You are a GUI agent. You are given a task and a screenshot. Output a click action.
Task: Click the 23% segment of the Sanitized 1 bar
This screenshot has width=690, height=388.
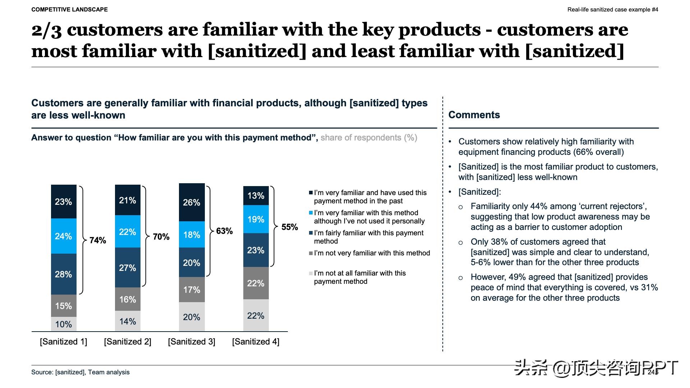64,202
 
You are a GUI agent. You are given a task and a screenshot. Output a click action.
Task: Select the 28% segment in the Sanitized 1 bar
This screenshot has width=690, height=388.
64,274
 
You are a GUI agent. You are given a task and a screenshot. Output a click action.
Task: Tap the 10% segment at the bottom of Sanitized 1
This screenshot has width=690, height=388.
64,324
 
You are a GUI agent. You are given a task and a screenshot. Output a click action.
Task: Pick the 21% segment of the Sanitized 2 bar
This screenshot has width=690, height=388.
128,200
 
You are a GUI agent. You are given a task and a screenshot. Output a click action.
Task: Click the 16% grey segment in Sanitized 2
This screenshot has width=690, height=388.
128,299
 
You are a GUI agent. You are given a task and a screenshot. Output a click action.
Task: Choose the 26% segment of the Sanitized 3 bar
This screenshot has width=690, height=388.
192,202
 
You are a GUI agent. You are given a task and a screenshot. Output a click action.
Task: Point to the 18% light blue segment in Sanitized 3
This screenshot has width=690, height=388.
192,235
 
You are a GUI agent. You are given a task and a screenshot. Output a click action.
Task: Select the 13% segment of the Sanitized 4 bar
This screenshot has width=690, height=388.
256,196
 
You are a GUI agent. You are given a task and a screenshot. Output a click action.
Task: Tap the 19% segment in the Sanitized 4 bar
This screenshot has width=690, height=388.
256,219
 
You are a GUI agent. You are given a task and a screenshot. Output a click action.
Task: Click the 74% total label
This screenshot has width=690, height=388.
98,240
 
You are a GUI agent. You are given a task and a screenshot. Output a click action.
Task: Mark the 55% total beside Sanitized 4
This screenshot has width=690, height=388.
290,227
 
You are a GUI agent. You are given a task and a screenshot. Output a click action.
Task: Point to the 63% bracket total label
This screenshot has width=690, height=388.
225,231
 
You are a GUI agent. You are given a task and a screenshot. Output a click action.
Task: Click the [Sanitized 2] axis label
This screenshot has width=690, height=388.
128,342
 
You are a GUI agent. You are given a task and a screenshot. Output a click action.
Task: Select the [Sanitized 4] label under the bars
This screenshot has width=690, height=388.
256,342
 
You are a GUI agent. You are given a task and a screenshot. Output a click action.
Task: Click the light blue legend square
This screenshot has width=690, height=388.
311,213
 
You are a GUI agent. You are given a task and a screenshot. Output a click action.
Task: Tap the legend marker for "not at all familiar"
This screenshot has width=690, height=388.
311,273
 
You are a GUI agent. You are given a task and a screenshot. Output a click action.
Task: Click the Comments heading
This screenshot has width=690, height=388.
474,115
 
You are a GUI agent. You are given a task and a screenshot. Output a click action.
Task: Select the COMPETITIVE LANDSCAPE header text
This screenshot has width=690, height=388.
69,10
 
